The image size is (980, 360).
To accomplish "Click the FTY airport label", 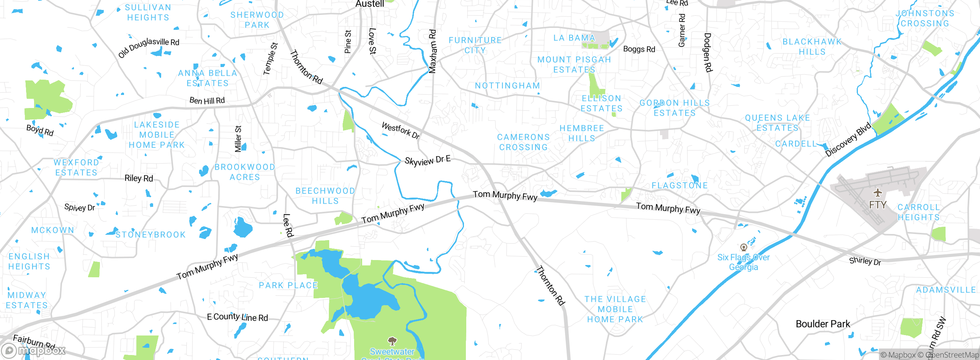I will pyautogui.click(x=877, y=205).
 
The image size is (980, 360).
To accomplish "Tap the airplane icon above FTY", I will pyautogui.click(x=878, y=193).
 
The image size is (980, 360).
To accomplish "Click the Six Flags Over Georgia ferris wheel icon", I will pyautogui.click(x=743, y=247).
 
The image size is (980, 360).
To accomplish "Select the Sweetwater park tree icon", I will pyautogui.click(x=392, y=340).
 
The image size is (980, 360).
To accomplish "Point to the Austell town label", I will pyautogui.click(x=369, y=4).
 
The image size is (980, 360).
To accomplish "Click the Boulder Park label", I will pyautogui.click(x=823, y=324).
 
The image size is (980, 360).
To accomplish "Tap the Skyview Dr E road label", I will pyautogui.click(x=427, y=160).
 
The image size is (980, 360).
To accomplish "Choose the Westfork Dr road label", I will pyautogui.click(x=401, y=130).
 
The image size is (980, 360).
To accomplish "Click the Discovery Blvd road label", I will pyautogui.click(x=848, y=139).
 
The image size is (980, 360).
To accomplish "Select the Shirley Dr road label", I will pyautogui.click(x=865, y=261).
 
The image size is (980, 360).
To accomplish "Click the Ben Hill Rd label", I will pyautogui.click(x=207, y=101).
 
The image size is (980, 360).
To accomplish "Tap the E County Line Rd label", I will pyautogui.click(x=237, y=317).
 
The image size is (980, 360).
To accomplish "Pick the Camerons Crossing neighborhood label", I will pyautogui.click(x=523, y=142).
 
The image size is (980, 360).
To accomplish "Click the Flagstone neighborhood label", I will pyautogui.click(x=679, y=186).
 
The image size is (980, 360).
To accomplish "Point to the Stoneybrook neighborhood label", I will pyautogui.click(x=150, y=235).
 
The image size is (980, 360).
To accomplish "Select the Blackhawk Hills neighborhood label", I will pyautogui.click(x=812, y=47).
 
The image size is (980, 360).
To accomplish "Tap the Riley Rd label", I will pyautogui.click(x=139, y=178).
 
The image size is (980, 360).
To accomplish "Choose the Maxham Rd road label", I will pyautogui.click(x=432, y=51).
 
